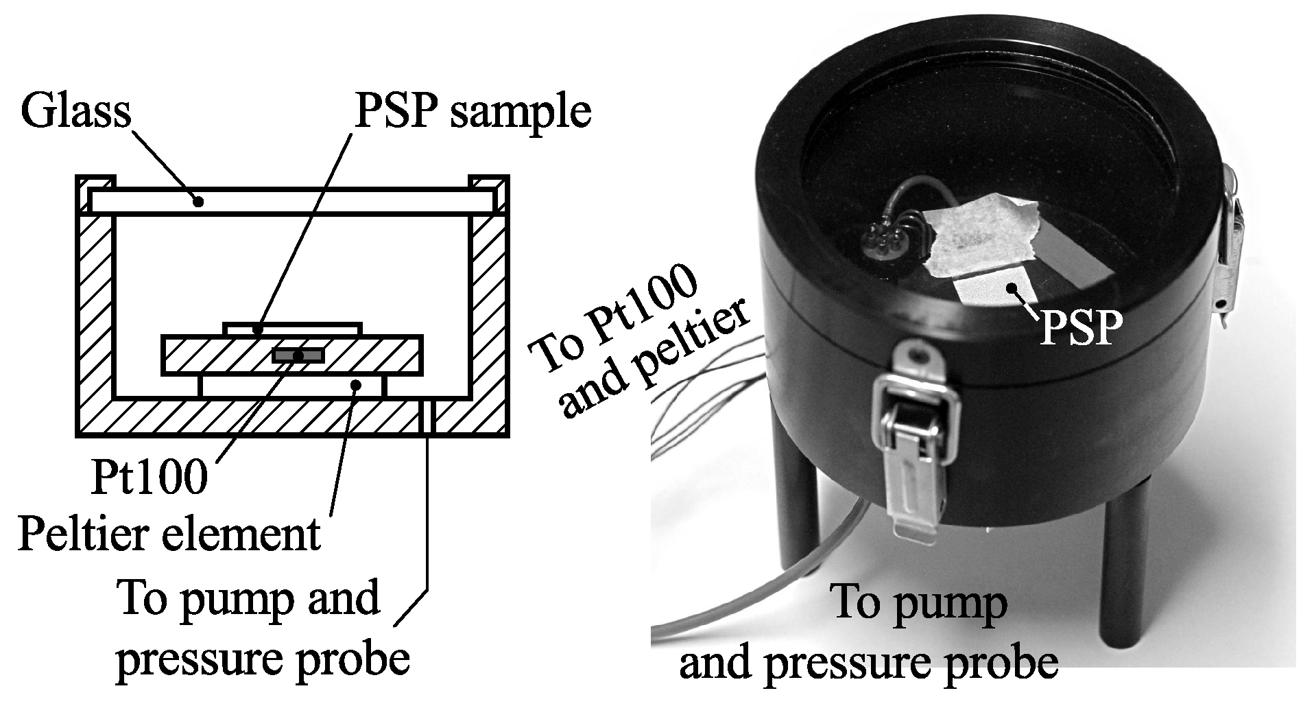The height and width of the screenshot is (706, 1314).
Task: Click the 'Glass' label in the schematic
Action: [x=75, y=111]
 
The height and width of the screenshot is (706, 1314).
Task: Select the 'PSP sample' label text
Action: [x=472, y=111]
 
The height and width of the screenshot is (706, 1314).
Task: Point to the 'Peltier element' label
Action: [x=169, y=534]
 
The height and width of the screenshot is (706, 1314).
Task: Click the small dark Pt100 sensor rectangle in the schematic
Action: [x=298, y=355]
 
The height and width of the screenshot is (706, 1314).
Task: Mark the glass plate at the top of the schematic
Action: [x=291, y=201]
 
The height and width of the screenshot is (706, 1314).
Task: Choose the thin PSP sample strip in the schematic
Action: [x=292, y=329]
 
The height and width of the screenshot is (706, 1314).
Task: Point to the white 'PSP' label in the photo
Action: [x=1078, y=328]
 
